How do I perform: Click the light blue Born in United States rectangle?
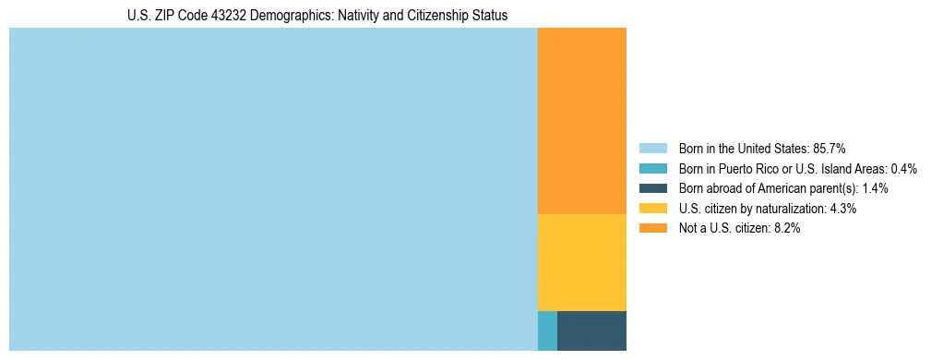pyautogui.click(x=273, y=189)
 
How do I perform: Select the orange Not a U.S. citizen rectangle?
pyautogui.click(x=581, y=121)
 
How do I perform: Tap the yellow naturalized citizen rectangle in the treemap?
pyautogui.click(x=581, y=262)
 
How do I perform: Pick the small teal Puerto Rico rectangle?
pyautogui.click(x=547, y=330)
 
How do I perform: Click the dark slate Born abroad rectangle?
pyautogui.click(x=591, y=330)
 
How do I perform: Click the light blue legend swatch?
pyautogui.click(x=652, y=149)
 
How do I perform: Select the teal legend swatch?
pyautogui.click(x=652, y=169)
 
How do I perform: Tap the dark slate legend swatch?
pyautogui.click(x=652, y=188)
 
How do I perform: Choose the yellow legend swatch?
pyautogui.click(x=652, y=209)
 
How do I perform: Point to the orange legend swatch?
pyautogui.click(x=652, y=228)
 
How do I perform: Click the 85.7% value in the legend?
pyautogui.click(x=829, y=149)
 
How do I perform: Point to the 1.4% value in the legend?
pyautogui.click(x=875, y=188)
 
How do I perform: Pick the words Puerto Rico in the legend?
pyautogui.click(x=746, y=169)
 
